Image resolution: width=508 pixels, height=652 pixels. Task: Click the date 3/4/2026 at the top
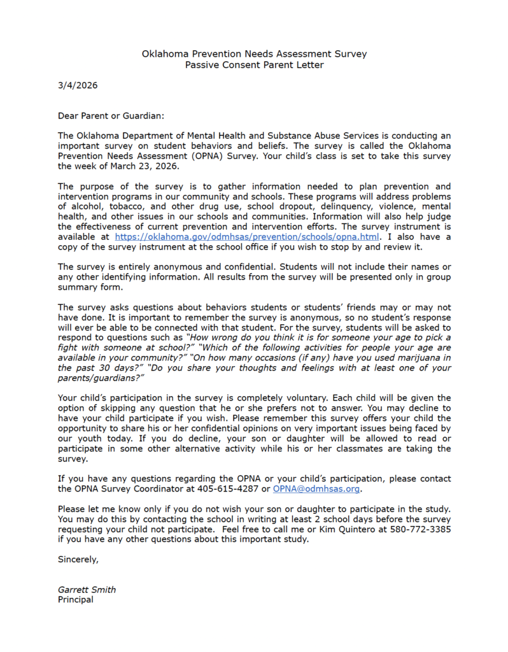click(x=78, y=85)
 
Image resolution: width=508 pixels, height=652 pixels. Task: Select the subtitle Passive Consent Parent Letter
click(x=254, y=65)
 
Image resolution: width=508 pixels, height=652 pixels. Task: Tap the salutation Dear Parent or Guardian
click(x=111, y=116)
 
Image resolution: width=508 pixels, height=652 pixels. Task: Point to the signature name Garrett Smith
click(x=87, y=590)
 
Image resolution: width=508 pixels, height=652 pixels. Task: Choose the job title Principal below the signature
click(x=75, y=600)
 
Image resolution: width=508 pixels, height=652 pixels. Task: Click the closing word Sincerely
click(x=78, y=560)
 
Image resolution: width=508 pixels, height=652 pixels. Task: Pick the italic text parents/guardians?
click(x=96, y=378)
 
